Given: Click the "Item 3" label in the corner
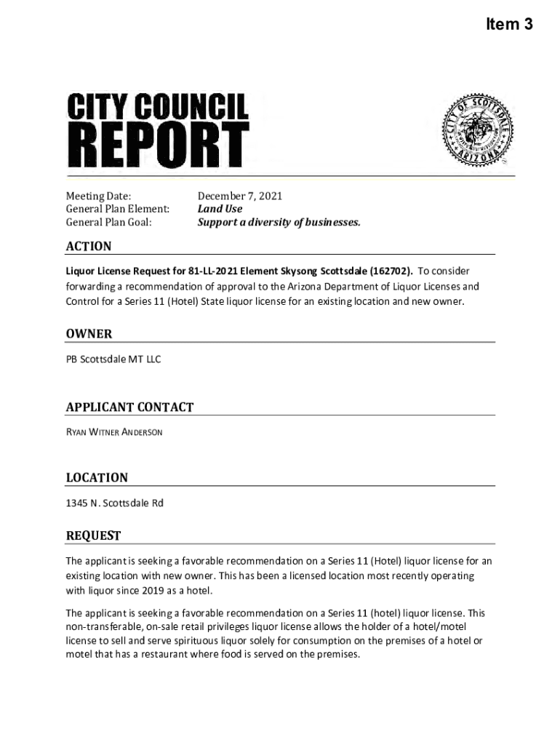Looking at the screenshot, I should point(509,25).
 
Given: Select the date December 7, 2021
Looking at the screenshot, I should point(240,196).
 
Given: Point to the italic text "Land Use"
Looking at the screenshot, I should point(220,209).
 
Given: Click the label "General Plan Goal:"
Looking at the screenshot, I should point(109,222).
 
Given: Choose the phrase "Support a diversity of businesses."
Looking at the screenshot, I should point(279,222).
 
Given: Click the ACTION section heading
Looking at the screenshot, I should point(89,246).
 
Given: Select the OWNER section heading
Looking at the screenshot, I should point(89,333).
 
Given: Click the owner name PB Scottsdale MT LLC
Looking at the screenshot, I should point(113,359).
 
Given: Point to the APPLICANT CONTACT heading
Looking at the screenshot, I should point(129,407).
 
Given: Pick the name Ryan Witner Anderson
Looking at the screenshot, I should point(115,432).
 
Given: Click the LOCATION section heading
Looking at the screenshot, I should point(97,477).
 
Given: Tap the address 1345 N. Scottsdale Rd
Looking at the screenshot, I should point(115,503).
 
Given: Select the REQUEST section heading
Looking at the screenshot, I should point(93,535).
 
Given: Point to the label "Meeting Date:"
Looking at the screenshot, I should point(99,196).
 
